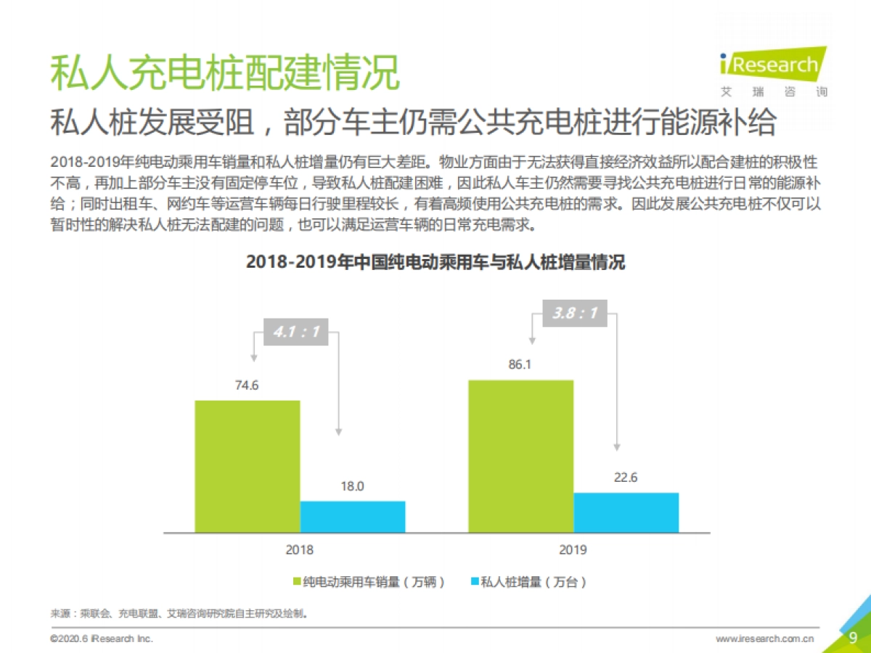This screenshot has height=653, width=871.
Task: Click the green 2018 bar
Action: [x=247, y=467]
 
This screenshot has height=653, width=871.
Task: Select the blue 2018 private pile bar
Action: [x=353, y=517]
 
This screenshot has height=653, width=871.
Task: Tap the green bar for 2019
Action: [x=520, y=456]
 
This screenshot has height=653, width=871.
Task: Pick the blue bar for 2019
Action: [x=626, y=513]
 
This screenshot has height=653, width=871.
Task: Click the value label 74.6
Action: [x=247, y=385]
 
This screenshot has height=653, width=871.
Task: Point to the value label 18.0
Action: [x=353, y=486]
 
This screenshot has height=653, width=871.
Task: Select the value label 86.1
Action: [x=520, y=365]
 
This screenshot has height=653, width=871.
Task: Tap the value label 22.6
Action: [x=626, y=477]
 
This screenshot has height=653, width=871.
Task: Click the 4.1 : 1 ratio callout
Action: [x=295, y=332]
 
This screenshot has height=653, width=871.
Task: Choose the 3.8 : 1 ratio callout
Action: [x=574, y=313]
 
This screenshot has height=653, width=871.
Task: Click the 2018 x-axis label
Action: [x=299, y=550]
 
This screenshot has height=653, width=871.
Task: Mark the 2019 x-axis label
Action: [x=573, y=550]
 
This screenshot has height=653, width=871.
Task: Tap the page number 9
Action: [x=853, y=638]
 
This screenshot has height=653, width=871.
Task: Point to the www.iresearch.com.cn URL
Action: [x=764, y=639]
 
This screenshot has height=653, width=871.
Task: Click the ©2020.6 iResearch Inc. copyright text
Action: [x=102, y=639]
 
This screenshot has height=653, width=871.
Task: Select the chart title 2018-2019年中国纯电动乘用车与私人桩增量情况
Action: [x=435, y=262]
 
